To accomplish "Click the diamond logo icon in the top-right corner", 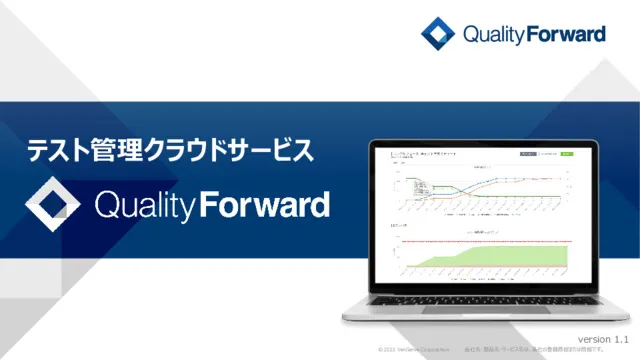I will [x=438, y=34].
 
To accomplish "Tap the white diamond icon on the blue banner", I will [x=53, y=204].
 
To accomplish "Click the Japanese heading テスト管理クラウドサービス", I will [x=169, y=151].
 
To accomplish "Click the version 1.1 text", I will [x=604, y=341].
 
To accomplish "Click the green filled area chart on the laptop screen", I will [x=480, y=261].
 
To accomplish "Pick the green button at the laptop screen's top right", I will [x=567, y=155].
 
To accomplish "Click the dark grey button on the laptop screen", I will [x=528, y=155].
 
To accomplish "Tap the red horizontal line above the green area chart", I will [x=480, y=241].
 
